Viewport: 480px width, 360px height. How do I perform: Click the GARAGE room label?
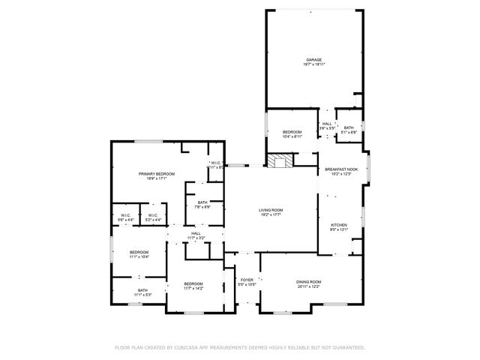coord(313,59)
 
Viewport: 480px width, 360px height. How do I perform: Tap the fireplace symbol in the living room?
coord(282,161)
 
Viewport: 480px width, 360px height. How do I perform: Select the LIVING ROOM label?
coord(270,210)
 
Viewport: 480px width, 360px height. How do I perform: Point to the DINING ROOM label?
coord(308,281)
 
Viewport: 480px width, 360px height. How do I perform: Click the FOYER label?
coord(247,280)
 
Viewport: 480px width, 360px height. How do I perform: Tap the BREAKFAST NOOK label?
coord(341,170)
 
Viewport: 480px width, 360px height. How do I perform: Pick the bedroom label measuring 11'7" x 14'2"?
coord(193,283)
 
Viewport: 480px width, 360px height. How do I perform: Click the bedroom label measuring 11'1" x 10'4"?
coord(139,252)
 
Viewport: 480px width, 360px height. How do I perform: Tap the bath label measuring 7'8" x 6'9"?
coord(202,202)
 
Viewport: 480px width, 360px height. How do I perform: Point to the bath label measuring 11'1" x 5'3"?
coord(142,290)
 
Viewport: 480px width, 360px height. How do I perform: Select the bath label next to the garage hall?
coord(348,127)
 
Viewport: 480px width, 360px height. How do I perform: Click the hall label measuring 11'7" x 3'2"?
coord(195,233)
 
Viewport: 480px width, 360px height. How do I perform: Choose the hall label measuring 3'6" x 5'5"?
coord(327,124)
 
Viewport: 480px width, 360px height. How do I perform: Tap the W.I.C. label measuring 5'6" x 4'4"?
coord(126,215)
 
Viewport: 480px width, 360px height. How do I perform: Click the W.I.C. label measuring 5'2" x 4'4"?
coord(152,215)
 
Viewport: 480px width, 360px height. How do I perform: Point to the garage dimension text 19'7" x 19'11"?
coord(313,64)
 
